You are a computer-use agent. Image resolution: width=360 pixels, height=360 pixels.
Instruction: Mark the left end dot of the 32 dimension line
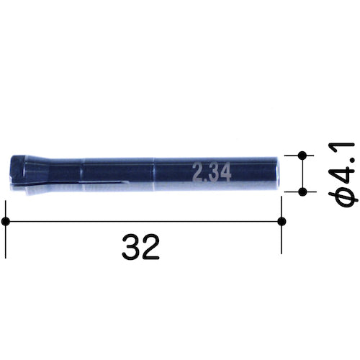[x=6, y=220]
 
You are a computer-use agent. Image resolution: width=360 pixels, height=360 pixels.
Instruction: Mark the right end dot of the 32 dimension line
[x=282, y=220]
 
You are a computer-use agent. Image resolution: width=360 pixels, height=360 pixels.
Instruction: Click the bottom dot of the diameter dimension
[x=302, y=192]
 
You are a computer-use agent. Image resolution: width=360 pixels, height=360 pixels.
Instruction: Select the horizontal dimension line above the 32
[x=144, y=220]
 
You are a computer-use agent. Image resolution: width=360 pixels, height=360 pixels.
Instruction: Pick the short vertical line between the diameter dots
[x=302, y=173]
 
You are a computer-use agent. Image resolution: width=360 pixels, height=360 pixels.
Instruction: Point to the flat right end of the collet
[x=279, y=174]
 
